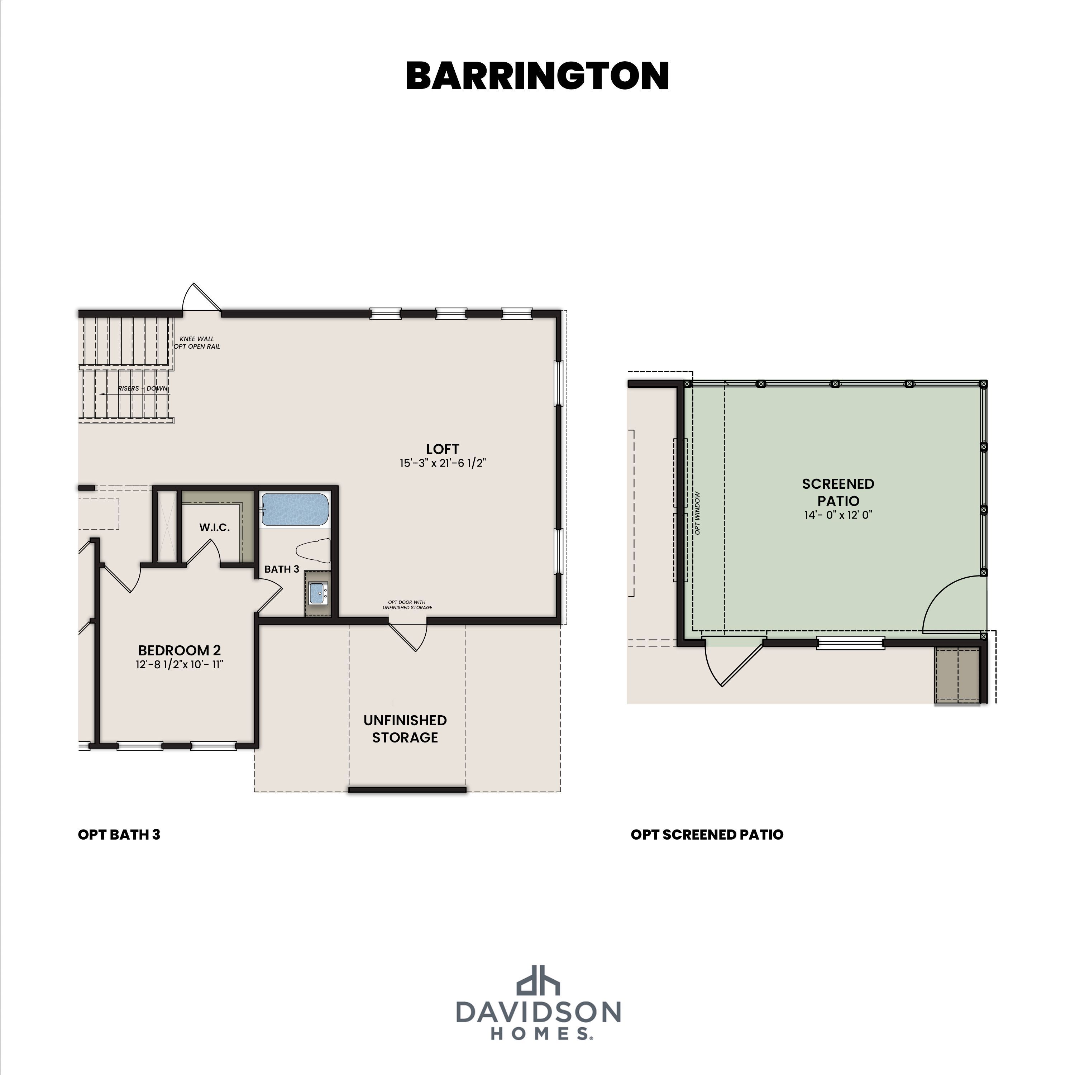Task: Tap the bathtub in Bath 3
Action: coord(295,510)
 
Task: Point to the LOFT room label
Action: coord(442,449)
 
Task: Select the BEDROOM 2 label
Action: coord(179,650)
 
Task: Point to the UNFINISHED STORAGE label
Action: coord(405,729)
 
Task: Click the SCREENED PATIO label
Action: coord(838,492)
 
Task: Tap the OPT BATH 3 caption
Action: coord(119,835)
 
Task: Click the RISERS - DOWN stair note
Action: coord(143,388)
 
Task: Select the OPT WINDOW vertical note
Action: coord(698,513)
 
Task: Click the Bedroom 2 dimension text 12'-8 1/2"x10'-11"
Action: coord(179,664)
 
